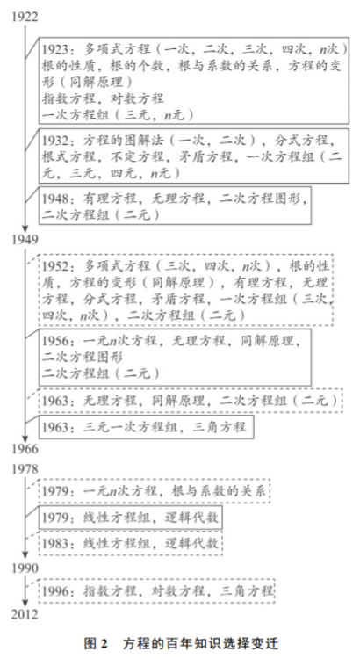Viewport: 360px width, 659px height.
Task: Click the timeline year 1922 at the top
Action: click(25, 18)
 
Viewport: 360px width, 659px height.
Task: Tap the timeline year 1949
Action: click(25, 240)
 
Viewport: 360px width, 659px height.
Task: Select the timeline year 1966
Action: click(25, 449)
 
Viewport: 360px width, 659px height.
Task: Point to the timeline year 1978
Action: click(25, 469)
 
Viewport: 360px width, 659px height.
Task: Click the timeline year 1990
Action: click(25, 568)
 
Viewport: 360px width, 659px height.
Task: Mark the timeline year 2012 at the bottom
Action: click(25, 614)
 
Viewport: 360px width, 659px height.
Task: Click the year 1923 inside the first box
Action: click(54, 49)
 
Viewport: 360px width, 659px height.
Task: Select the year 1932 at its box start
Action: click(54, 140)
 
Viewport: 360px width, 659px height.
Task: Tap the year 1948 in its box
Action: click(54, 198)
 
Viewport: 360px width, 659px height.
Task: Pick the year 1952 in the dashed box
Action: click(54, 266)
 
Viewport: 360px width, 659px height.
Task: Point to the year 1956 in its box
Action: click(54, 340)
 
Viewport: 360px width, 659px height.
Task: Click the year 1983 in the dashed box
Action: click(54, 543)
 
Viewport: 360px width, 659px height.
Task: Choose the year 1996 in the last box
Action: click(54, 591)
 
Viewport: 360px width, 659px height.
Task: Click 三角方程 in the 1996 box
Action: click(247, 591)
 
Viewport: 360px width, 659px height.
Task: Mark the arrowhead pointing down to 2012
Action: click(25, 602)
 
